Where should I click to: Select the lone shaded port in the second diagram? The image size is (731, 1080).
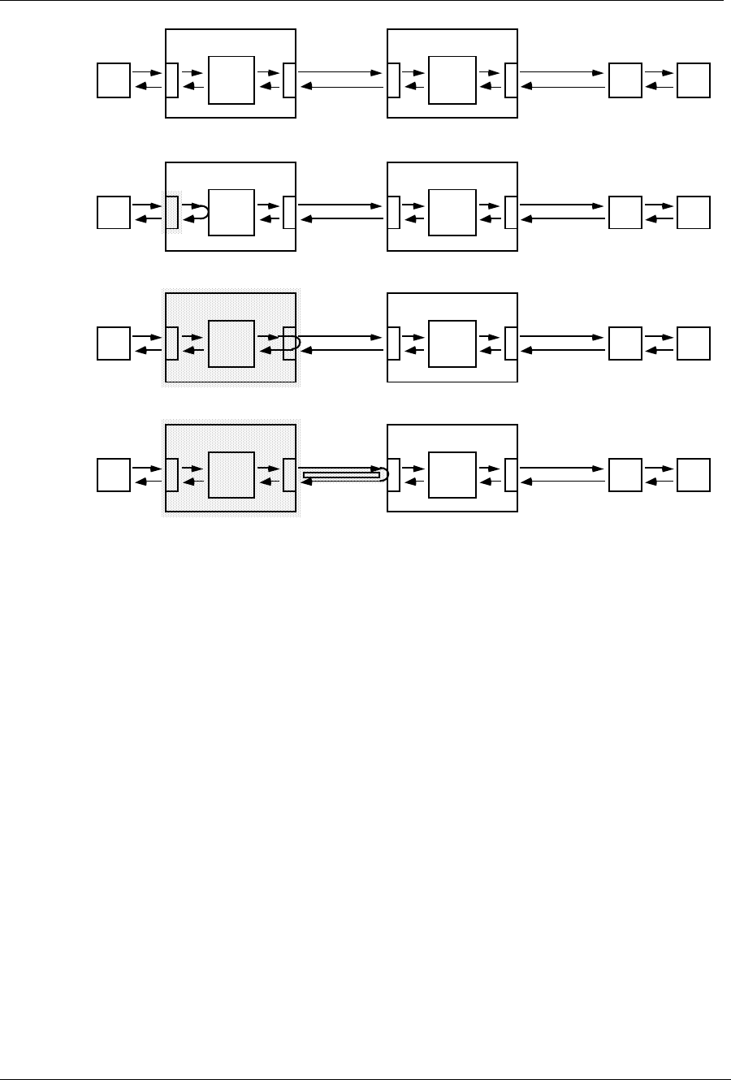pyautogui.click(x=171, y=212)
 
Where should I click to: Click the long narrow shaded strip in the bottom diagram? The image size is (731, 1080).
pyautogui.click(x=341, y=475)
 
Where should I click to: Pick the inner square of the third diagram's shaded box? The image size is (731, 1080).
pyautogui.click(x=231, y=343)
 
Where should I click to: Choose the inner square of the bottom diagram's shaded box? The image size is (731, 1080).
pyautogui.click(x=231, y=475)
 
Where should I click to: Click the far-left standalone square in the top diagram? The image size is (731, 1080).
pyautogui.click(x=114, y=80)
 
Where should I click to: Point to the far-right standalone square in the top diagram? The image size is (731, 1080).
pyautogui.click(x=694, y=80)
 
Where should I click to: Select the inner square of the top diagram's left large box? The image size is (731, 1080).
pyautogui.click(x=231, y=80)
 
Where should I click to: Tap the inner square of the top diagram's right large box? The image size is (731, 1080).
pyautogui.click(x=452, y=80)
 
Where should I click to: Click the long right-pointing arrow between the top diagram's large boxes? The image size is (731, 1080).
pyautogui.click(x=340, y=73)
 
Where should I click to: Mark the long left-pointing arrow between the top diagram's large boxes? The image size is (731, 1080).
pyautogui.click(x=340, y=87)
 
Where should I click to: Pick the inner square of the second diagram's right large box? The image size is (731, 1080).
pyautogui.click(x=452, y=212)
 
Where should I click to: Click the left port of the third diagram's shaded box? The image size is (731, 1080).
pyautogui.click(x=171, y=343)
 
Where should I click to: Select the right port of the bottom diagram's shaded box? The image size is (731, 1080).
pyautogui.click(x=289, y=475)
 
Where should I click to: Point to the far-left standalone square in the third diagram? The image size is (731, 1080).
pyautogui.click(x=114, y=343)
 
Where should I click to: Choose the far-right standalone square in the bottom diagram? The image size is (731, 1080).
pyautogui.click(x=694, y=475)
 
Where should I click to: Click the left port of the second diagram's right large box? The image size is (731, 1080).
pyautogui.click(x=394, y=212)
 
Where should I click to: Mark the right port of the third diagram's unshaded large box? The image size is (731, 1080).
pyautogui.click(x=511, y=343)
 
